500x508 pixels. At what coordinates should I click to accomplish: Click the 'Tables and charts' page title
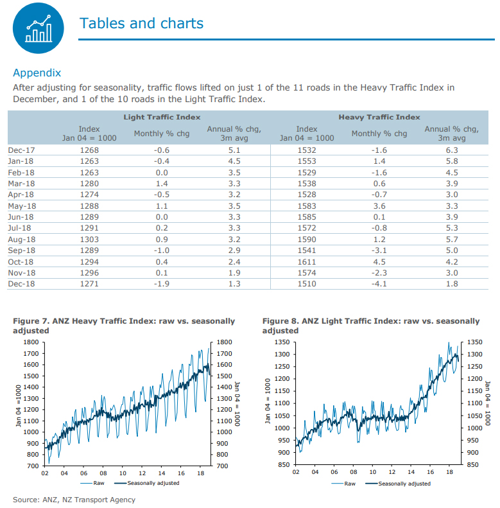pyautogui.click(x=141, y=24)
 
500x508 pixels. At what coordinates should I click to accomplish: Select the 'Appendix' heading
pyautogui.click(x=37, y=73)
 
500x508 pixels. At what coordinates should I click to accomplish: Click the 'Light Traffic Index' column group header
pyautogui.click(x=162, y=117)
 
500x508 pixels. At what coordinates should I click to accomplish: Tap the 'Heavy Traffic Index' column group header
pyautogui.click(x=379, y=117)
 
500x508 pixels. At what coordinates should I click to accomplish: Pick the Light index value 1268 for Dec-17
pyautogui.click(x=89, y=150)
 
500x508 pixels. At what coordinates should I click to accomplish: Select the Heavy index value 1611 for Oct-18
pyautogui.click(x=307, y=262)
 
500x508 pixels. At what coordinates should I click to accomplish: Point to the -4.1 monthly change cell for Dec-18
pyautogui.click(x=379, y=285)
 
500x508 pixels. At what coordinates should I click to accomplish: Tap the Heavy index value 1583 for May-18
pyautogui.click(x=307, y=206)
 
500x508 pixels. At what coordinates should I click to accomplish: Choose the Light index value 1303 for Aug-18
pyautogui.click(x=89, y=240)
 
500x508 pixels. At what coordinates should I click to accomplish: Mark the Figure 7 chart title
pyautogui.click(x=124, y=326)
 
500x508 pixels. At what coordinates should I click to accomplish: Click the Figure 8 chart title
pyautogui.click(x=371, y=326)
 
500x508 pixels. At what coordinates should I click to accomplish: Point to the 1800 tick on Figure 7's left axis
pyautogui.click(x=30, y=342)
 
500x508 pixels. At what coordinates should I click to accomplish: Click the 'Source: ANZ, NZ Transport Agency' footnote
pyautogui.click(x=74, y=499)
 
